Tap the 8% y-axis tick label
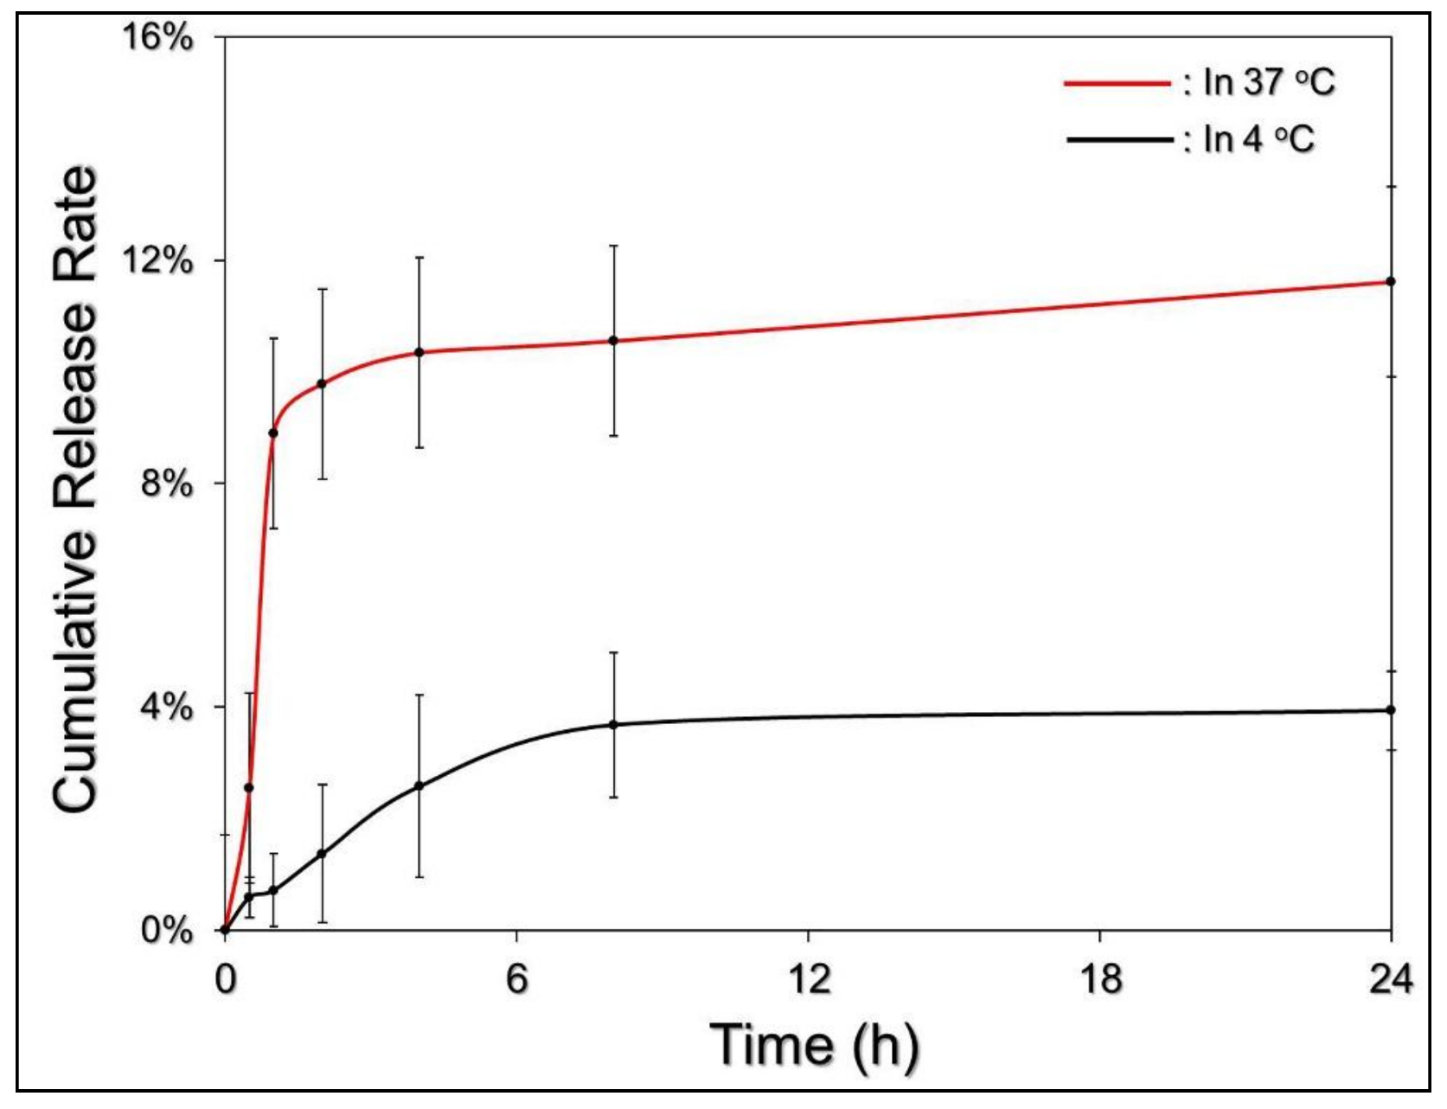166,483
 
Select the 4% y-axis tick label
166,707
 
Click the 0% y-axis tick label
166,931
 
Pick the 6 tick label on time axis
516,979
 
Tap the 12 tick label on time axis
808,979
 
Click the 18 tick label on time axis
1099,979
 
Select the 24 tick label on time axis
1390,979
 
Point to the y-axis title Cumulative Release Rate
75,489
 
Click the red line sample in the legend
1117,83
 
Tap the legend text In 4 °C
1258,138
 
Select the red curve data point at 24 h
1391,281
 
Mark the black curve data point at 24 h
1391,709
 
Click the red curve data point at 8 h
614,340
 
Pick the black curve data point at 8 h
614,724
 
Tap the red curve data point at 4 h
419,352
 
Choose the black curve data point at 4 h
419,785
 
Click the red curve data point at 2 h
322,383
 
